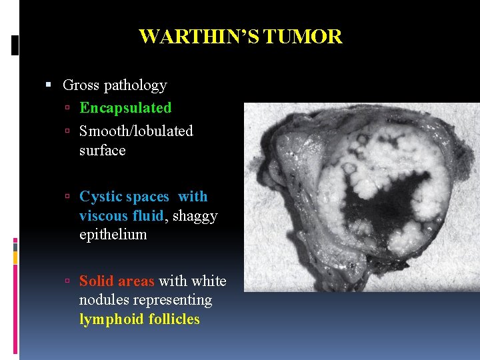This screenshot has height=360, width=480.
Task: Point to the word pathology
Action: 135,86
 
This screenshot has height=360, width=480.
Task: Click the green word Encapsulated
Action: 125,108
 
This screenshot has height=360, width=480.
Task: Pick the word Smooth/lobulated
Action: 136,131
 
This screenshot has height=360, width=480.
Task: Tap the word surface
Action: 102,150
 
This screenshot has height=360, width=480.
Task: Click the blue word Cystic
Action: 98,197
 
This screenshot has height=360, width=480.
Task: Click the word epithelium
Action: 113,235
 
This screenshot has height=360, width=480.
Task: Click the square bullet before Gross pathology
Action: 49,85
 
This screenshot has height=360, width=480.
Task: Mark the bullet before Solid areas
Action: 69,281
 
